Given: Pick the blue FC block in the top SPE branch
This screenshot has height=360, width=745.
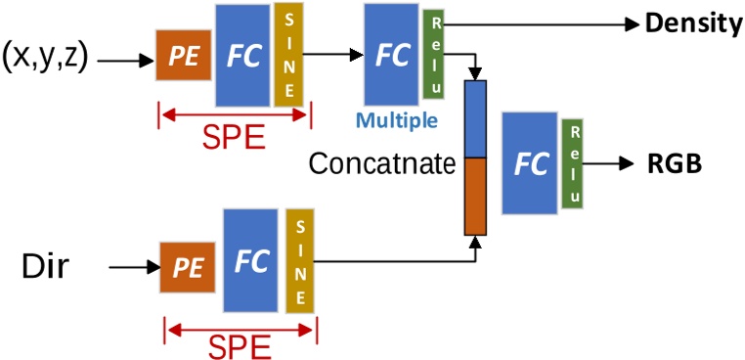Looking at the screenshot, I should pos(243,56).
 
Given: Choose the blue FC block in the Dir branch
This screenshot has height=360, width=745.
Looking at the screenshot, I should pos(251,261).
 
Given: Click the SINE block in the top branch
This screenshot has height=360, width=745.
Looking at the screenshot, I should pos(289,55).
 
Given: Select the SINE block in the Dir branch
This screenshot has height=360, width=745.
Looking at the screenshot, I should pos(300,261).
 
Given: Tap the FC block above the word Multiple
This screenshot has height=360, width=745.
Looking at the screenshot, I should pos(391,55).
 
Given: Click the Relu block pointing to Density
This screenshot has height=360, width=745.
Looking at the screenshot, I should pos(433,56).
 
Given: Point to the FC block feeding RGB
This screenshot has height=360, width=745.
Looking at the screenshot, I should pos(531,163).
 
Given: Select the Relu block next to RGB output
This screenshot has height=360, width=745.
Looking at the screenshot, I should pos(573,163).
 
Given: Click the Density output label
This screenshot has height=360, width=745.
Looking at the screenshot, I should pos(693,22).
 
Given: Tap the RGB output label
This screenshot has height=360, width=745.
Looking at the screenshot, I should pos(675,164).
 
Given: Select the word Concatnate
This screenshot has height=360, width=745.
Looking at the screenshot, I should pos(381,162).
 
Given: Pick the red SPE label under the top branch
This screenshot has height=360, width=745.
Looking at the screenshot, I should pos(233,137).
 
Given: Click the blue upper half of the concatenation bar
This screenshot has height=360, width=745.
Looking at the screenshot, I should pos(474,118).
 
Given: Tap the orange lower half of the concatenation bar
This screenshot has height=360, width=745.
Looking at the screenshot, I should pos(474,196).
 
